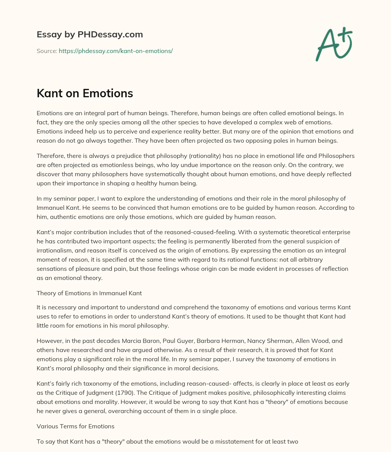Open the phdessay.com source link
click(116, 51)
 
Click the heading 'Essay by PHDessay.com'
click(90, 34)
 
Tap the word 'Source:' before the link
click(47, 51)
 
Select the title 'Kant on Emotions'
click(85, 93)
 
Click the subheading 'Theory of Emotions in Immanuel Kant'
click(89, 293)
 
